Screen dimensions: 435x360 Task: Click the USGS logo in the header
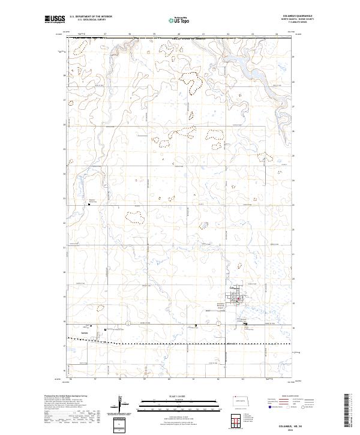coord(55,20)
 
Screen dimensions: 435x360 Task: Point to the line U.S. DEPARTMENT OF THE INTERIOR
coord(91,17)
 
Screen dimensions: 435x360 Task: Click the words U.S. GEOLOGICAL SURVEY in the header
coord(87,20)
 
